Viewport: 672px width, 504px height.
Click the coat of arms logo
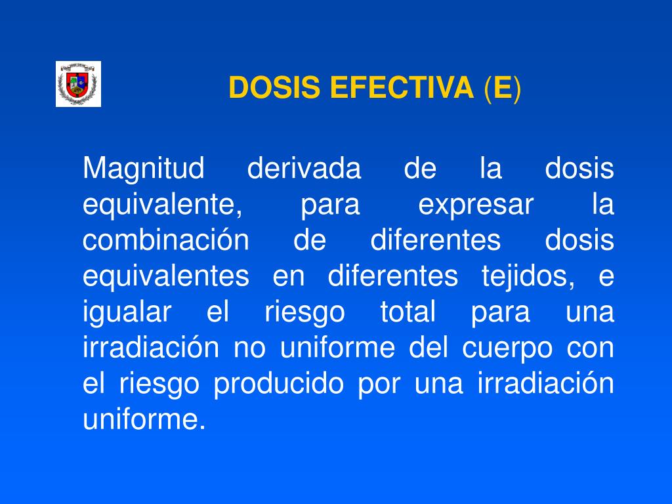click(78, 84)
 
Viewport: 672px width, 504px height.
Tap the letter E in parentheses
click(502, 87)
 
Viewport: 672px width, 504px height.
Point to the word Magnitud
click(144, 170)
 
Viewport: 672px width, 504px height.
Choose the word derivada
click(304, 170)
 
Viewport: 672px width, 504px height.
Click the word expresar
click(476, 205)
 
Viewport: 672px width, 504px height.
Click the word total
click(408, 312)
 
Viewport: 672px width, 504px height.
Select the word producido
click(279, 383)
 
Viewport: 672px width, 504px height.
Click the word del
click(427, 347)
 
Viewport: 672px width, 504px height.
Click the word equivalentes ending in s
click(166, 276)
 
